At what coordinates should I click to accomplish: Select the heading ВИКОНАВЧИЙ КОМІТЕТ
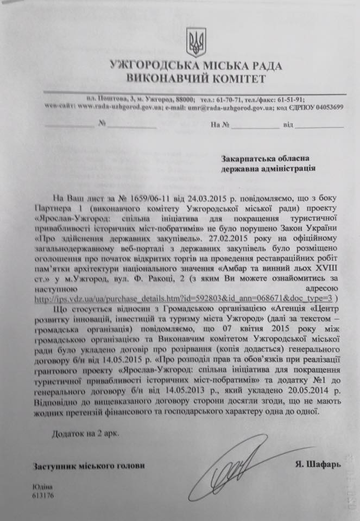click(x=195, y=79)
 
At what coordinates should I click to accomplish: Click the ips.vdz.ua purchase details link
click(x=185, y=299)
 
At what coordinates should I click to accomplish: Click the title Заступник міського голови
click(x=81, y=466)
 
